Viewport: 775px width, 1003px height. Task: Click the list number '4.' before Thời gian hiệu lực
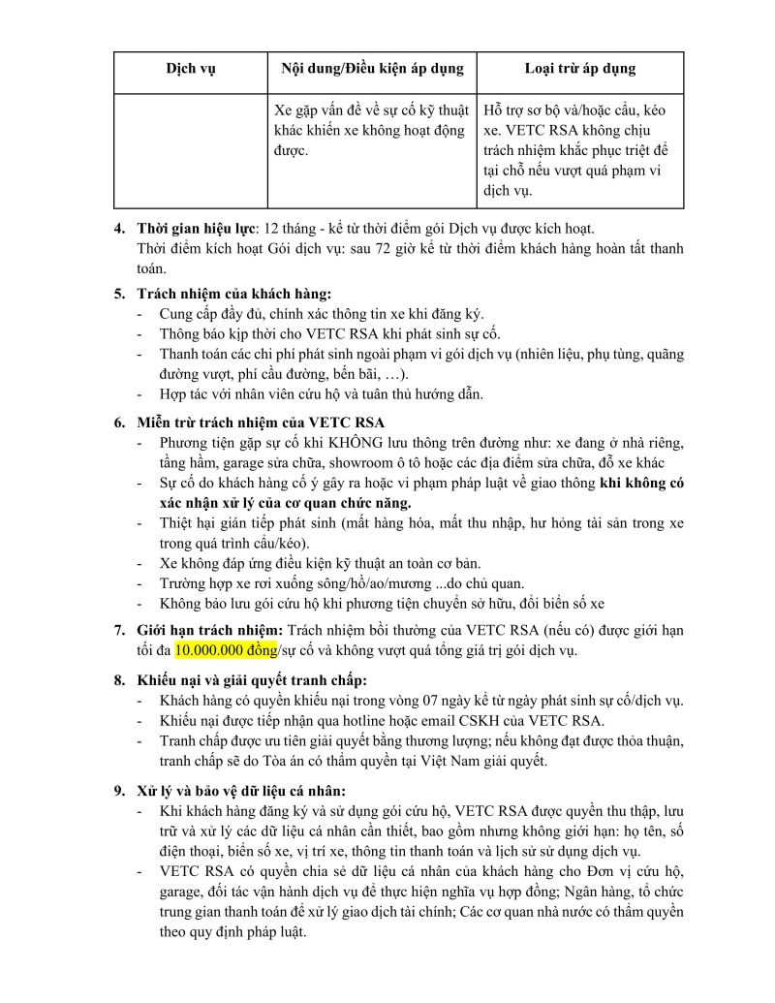pyautogui.click(x=119, y=229)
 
